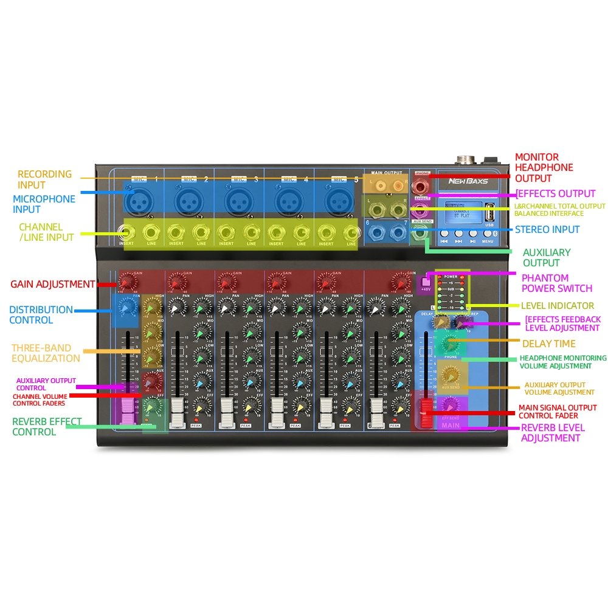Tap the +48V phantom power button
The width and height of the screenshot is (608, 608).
pyautogui.click(x=426, y=281)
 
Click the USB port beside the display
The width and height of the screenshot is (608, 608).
pyautogui.click(x=490, y=216)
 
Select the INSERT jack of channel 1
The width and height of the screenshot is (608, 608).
pyautogui.click(x=126, y=233)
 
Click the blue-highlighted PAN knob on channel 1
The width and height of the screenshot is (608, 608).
pyautogui.click(x=126, y=309)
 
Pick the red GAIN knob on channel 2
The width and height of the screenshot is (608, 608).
pyautogui.click(x=176, y=282)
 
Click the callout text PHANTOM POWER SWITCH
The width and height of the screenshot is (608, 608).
pyautogui.click(x=556, y=283)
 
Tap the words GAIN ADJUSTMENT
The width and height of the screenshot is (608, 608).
pyautogui.click(x=53, y=284)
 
